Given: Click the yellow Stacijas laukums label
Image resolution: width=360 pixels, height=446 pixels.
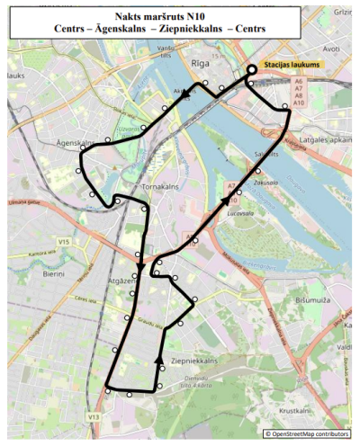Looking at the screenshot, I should click(x=293, y=66).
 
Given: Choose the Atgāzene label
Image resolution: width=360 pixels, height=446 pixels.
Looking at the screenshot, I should click(x=121, y=281).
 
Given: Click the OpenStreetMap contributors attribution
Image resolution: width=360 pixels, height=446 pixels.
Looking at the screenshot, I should click(x=309, y=433).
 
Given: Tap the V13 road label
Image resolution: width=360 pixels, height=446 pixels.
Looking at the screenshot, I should click(x=93, y=417).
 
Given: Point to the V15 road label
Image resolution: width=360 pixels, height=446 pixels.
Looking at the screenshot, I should click(x=63, y=242).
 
